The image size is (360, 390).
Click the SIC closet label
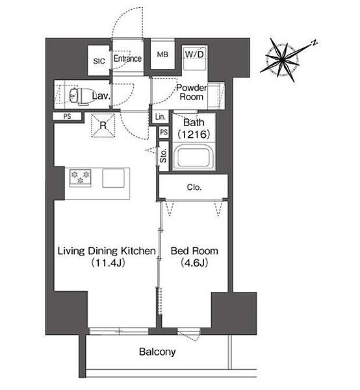point(99,61)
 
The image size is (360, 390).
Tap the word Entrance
point(127,58)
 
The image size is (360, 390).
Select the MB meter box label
point(162,54)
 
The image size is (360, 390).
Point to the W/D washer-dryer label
point(194,54)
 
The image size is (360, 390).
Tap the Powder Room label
point(192,92)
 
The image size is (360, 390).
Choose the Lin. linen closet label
point(160,116)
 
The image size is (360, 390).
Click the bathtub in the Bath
point(194,158)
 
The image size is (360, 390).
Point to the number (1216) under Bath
point(194,135)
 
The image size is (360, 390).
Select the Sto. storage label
point(163,156)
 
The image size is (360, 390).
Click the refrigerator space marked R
point(103,125)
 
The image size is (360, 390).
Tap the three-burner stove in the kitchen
point(80,178)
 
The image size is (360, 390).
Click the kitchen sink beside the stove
point(113,178)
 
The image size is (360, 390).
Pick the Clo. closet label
point(194,187)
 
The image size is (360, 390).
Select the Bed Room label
point(194,251)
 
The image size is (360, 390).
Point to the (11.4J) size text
point(108,263)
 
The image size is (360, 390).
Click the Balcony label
point(157,352)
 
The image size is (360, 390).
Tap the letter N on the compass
point(315,42)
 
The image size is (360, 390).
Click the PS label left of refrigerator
point(67,116)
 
